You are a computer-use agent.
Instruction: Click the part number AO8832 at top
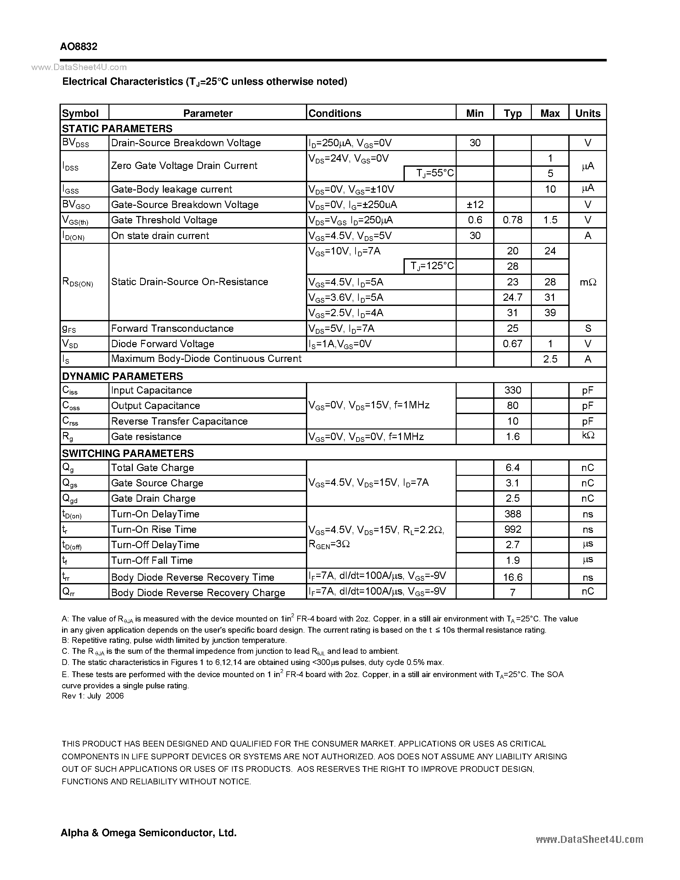pos(78,46)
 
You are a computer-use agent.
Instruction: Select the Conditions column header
pos(334,113)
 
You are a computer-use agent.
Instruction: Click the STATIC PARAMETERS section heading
pos(117,129)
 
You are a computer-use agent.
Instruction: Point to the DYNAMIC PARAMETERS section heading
pos(122,376)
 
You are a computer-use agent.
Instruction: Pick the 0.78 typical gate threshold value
pos(512,220)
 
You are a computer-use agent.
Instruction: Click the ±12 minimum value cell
pos(475,205)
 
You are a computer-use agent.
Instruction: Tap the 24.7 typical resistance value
pos(512,297)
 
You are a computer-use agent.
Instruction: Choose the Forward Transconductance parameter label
pos(172,328)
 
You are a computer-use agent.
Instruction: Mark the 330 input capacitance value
pos(512,390)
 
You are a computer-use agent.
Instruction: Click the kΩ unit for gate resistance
pos(588,436)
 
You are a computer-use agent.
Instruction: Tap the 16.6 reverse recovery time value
pos(512,577)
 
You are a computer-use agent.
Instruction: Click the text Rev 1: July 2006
pos(93,696)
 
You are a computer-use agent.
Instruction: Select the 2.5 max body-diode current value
pos(550,359)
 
